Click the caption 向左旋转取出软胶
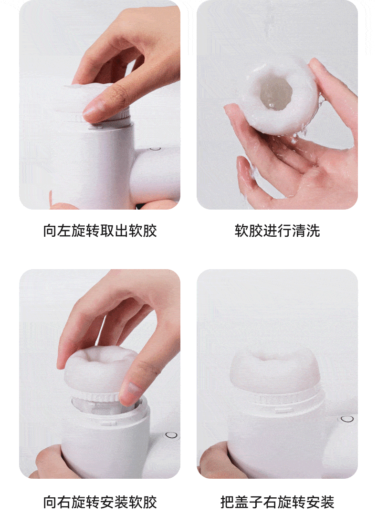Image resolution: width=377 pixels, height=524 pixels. click(100, 231)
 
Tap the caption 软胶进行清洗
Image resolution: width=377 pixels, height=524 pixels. click(277, 231)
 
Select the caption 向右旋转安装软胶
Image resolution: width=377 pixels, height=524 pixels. click(100, 502)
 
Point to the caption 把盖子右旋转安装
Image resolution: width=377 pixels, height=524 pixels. click(277, 502)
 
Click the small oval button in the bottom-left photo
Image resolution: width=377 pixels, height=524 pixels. click(171, 435)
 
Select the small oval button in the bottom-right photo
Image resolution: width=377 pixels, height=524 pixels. click(347, 419)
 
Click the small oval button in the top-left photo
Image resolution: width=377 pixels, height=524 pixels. click(155, 149)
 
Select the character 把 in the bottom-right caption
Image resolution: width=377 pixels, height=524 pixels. click(227, 502)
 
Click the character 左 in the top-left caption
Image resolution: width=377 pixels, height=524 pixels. click(64, 231)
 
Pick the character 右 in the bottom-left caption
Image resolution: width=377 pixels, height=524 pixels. click(64, 502)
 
